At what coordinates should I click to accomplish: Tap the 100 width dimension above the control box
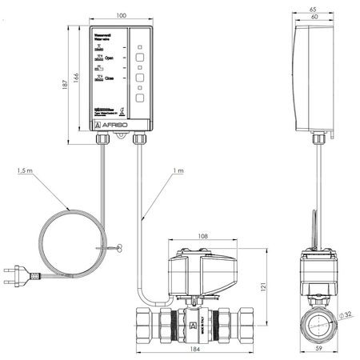pyautogui.click(x=121, y=16)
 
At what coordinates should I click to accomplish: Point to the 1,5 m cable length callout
pyautogui.click(x=25, y=172)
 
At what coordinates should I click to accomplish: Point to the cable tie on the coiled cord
pyautogui.click(x=119, y=249)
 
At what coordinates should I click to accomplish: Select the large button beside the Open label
pyautogui.click(x=139, y=58)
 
